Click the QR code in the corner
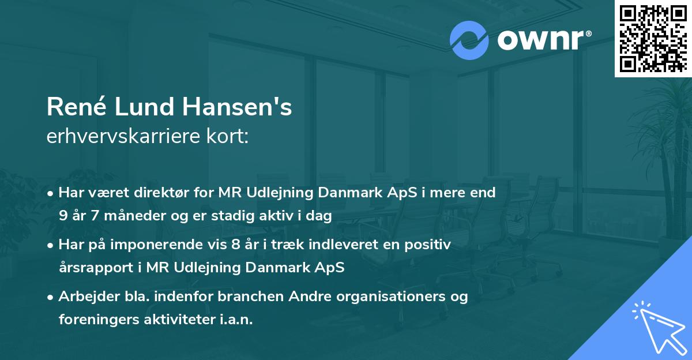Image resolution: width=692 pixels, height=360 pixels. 653,38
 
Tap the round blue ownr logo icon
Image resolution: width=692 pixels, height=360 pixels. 469,40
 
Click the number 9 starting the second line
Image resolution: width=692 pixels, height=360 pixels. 62,216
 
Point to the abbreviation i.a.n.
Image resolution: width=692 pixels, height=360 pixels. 236,320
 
